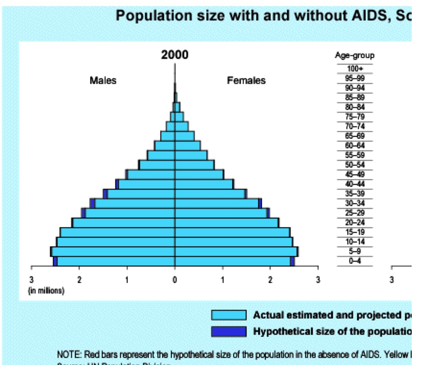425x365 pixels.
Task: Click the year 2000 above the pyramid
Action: point(175,55)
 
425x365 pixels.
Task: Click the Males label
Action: point(103,81)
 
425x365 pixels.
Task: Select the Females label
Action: point(246,81)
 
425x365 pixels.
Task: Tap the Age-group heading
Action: point(354,55)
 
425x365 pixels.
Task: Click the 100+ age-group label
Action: point(354,69)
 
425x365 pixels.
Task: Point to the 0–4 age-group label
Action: point(354,261)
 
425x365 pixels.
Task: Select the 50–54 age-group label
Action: point(354,165)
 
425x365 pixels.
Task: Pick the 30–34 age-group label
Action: point(354,203)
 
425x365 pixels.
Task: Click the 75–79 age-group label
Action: point(354,117)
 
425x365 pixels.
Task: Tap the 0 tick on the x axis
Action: point(175,280)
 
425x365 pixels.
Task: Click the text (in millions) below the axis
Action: point(46,291)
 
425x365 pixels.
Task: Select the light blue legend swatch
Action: point(229,315)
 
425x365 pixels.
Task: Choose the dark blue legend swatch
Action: point(229,331)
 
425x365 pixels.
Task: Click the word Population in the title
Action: point(147,16)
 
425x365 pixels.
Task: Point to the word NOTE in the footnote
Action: point(69,355)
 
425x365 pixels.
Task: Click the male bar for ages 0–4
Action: point(116,261)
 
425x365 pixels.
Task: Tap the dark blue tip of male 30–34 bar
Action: point(93,203)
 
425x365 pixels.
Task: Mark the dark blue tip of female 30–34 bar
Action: point(260,203)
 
